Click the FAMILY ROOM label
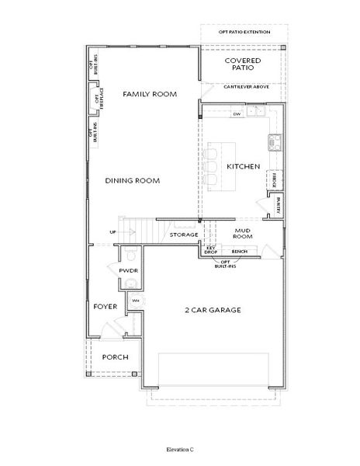click(150, 94)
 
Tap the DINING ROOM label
click(133, 180)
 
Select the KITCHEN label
click(243, 166)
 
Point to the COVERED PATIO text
click(242, 64)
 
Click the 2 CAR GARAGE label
click(213, 310)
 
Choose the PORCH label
click(115, 358)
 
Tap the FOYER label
click(106, 307)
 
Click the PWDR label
click(128, 270)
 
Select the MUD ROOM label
click(244, 234)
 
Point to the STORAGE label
click(184, 234)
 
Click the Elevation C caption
click(179, 449)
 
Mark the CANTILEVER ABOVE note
click(247, 86)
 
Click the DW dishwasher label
click(237, 114)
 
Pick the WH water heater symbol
click(135, 301)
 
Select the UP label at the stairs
click(112, 231)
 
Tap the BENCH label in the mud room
click(240, 252)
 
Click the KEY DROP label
click(210, 250)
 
